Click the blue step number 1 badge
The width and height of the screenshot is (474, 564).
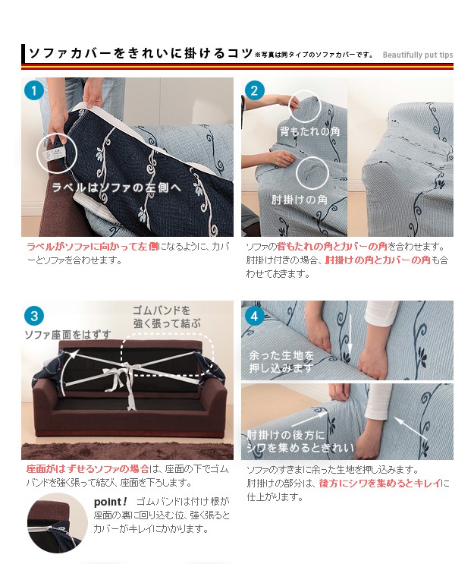point(34,90)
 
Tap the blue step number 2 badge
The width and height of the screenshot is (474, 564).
point(254,90)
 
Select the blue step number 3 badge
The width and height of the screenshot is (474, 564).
point(34,317)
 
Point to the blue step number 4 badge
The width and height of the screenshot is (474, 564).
point(254,317)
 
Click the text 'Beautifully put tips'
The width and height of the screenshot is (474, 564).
point(418,55)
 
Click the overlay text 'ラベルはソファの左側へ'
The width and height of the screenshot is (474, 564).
point(117,187)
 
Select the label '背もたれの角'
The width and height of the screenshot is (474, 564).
point(309,131)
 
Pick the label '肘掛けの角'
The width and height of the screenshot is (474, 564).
point(300,200)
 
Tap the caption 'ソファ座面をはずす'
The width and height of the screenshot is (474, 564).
point(67,335)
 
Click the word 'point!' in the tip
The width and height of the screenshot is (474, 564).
point(110,502)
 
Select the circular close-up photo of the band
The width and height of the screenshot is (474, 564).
point(57,523)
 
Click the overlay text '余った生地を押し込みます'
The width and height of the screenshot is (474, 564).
point(281,362)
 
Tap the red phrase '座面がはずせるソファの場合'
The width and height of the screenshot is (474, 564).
point(88,469)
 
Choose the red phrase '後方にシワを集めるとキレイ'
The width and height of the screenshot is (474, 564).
point(380,484)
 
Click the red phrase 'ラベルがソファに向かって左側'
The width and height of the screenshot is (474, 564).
point(92,247)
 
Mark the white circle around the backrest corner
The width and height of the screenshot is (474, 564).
point(305,106)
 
